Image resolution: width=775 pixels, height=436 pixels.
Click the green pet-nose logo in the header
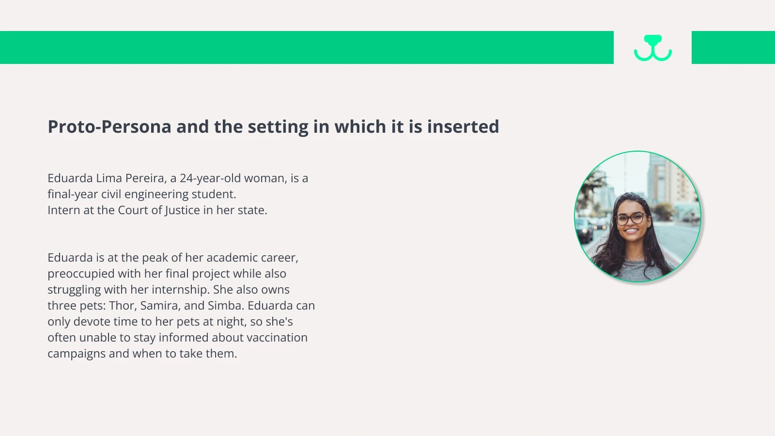point(653,48)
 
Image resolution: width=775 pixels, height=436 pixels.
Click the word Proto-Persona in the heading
point(109,126)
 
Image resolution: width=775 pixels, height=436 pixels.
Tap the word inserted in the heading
point(463,126)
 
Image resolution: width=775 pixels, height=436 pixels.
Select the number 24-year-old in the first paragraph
point(210,178)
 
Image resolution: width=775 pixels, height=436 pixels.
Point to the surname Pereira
point(146,179)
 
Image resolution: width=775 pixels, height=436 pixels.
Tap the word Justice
point(182,210)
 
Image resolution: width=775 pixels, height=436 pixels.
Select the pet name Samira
point(160,306)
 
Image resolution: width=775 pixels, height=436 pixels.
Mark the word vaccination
point(260,337)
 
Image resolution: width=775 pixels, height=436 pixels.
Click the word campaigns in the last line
point(77,354)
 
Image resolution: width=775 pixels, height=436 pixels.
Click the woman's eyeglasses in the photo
point(631,218)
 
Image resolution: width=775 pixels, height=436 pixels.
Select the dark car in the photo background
point(585,230)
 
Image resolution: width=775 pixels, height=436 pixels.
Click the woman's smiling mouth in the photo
point(632,231)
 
